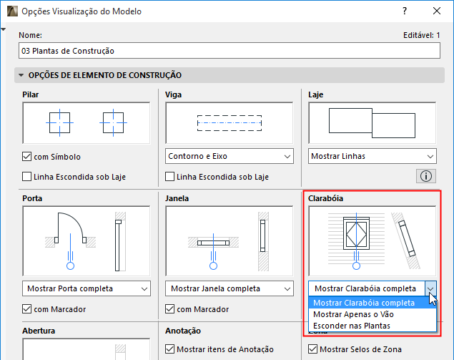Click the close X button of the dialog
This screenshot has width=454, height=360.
point(437,11)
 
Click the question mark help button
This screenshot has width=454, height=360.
point(405,11)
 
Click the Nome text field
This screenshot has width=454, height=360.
point(230,51)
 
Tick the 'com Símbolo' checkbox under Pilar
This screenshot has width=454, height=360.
point(27,157)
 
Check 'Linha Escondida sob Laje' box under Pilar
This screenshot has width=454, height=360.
point(27,177)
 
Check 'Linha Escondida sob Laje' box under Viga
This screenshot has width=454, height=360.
point(169,177)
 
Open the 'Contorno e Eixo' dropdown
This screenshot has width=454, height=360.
point(230,156)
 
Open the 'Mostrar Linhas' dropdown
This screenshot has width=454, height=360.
point(372,156)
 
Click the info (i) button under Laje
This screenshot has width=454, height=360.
point(426,176)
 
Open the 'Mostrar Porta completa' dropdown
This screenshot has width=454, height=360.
point(87,288)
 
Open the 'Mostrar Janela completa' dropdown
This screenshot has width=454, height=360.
point(230,288)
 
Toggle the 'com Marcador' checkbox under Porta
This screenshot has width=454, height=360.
point(27,309)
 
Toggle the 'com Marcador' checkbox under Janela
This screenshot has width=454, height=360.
point(169,309)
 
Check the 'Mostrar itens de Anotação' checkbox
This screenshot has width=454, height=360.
point(169,349)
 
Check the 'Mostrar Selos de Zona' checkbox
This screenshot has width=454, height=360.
point(312,349)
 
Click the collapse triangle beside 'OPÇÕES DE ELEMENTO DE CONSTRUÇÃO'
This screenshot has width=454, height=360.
point(21,75)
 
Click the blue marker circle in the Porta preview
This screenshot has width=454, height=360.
point(70,266)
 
